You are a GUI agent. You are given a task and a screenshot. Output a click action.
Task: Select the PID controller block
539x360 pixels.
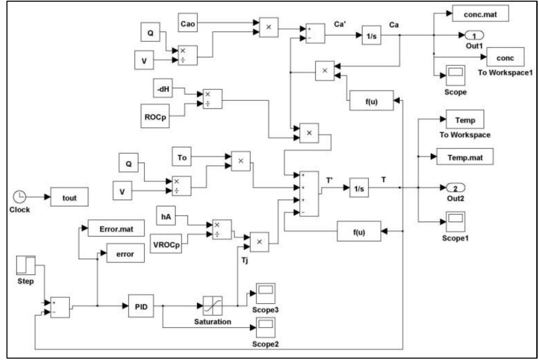tap(141, 306)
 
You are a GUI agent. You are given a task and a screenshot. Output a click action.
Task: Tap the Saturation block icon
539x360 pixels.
tap(213, 305)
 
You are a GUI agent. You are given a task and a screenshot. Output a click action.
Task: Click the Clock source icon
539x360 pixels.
tap(20, 197)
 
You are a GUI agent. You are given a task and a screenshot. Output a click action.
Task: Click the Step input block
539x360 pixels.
tap(26, 265)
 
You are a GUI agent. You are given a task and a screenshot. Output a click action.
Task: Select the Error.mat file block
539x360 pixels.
tap(116, 228)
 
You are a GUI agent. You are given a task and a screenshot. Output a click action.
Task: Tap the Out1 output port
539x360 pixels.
tap(474, 35)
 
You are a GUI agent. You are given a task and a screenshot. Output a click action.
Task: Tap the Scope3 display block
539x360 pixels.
tap(265, 293)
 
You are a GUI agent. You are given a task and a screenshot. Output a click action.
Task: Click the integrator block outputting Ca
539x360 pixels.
tap(371, 35)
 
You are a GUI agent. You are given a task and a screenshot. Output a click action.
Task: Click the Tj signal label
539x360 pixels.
tap(244, 260)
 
